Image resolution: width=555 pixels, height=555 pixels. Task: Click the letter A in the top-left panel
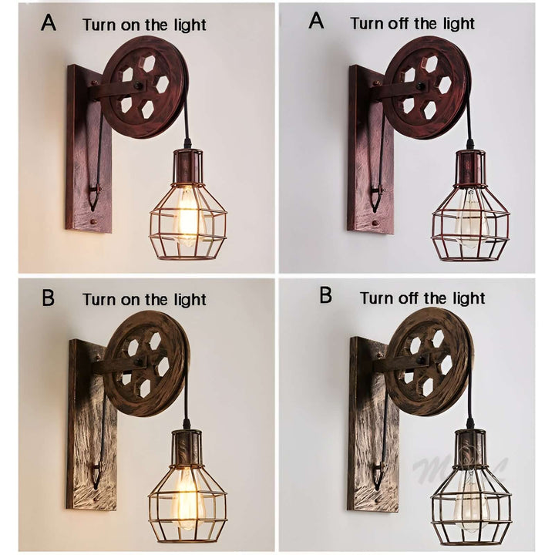pos(49,22)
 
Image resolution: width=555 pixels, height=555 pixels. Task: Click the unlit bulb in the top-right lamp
pos(467,219)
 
